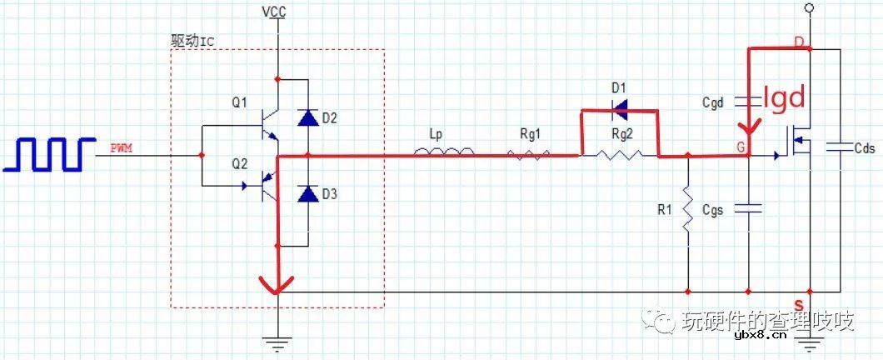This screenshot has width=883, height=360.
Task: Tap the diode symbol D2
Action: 308,117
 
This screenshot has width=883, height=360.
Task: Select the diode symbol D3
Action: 308,194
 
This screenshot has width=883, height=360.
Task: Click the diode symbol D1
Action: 620,111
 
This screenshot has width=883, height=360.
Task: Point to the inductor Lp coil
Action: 444,151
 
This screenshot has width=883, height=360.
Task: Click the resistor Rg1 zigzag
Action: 528,154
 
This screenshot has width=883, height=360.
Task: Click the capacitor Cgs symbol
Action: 748,208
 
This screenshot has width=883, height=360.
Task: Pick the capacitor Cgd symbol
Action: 748,102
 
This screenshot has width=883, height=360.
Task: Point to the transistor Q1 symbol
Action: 267,126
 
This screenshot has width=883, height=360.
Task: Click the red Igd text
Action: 785,98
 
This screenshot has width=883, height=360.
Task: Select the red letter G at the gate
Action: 741,147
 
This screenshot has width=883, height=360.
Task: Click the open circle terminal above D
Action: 809,7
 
